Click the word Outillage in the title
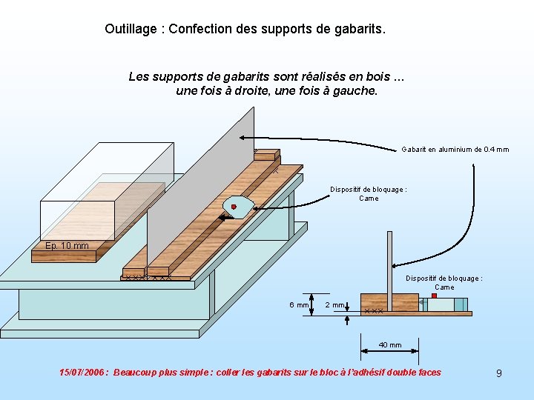click(x=130, y=29)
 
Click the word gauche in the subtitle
click(x=356, y=91)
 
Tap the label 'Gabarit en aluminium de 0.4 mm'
click(x=455, y=150)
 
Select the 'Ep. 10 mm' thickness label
click(x=67, y=246)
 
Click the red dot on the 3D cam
click(x=234, y=207)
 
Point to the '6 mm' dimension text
click(x=299, y=305)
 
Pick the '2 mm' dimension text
click(x=335, y=305)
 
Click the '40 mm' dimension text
click(x=390, y=344)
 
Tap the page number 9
click(x=498, y=373)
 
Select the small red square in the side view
click(x=434, y=296)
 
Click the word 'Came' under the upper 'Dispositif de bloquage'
click(x=369, y=199)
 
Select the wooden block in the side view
click(x=380, y=302)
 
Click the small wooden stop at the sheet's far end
click(x=266, y=155)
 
